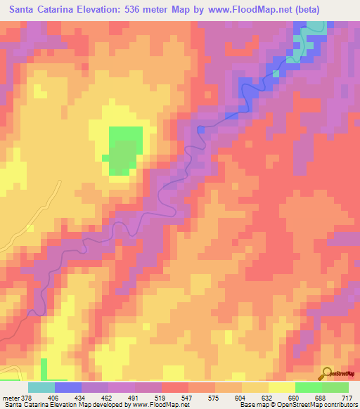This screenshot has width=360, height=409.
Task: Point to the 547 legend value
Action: pyautogui.click(x=187, y=397)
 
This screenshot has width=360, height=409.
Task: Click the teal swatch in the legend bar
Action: pyautogui.click(x=41, y=387)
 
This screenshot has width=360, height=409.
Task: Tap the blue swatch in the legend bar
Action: pyautogui.click(x=68, y=387)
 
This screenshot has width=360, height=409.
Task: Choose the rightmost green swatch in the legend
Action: pyautogui.click(x=335, y=387)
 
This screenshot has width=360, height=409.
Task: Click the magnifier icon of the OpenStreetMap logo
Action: pyautogui.click(x=326, y=373)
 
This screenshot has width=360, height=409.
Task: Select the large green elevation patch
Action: pyautogui.click(x=124, y=150)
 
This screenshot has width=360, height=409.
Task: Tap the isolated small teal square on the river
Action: pyautogui.click(x=276, y=72)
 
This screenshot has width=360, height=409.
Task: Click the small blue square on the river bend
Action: pyautogui.click(x=201, y=129)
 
